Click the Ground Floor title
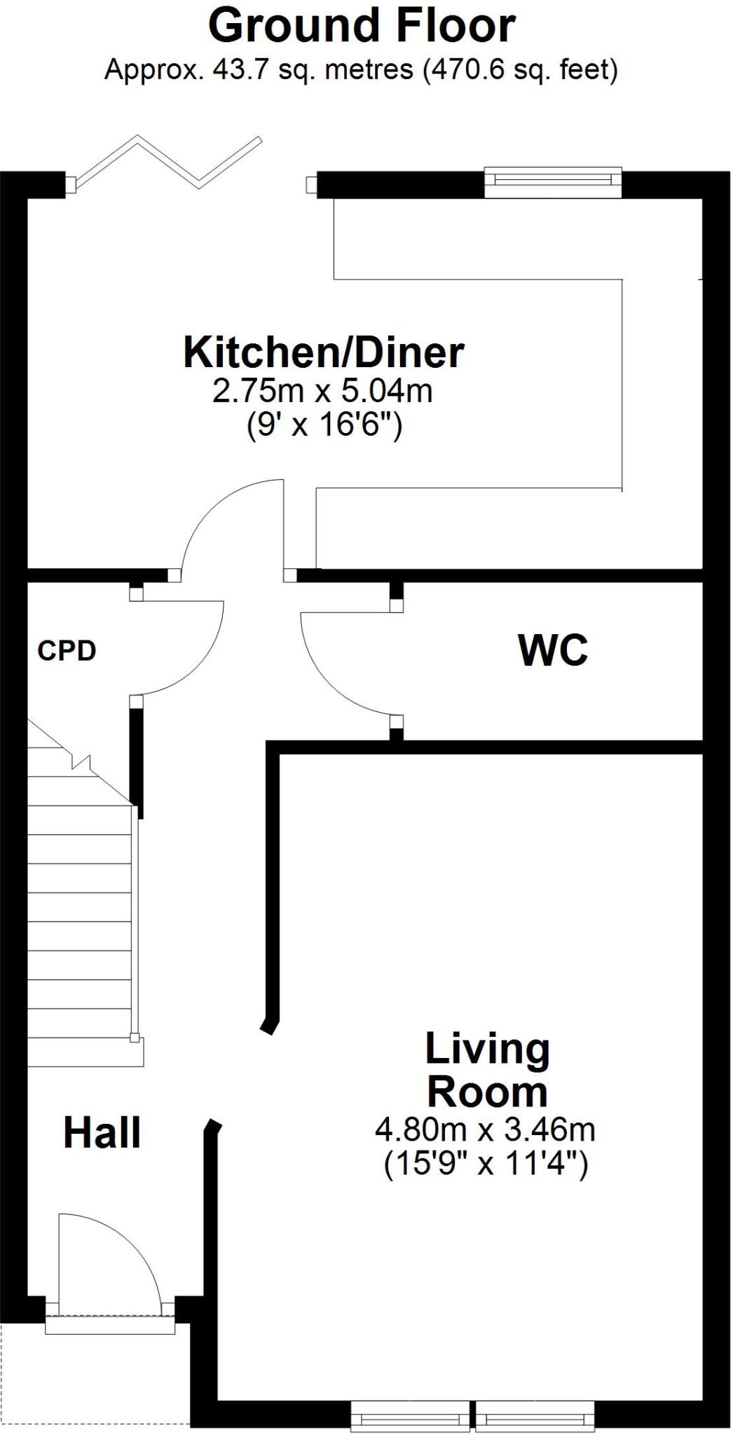pos(362,27)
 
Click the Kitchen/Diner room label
pos(323,352)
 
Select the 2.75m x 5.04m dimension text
pos(322,391)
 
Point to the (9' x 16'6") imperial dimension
pos(324,425)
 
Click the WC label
pos(553,651)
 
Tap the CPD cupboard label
pos(67,651)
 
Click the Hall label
pos(102,1132)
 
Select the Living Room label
pos(488,1071)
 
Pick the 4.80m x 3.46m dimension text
pos(486,1129)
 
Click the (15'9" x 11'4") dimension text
pos(486,1164)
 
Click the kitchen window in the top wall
pos(553,181)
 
